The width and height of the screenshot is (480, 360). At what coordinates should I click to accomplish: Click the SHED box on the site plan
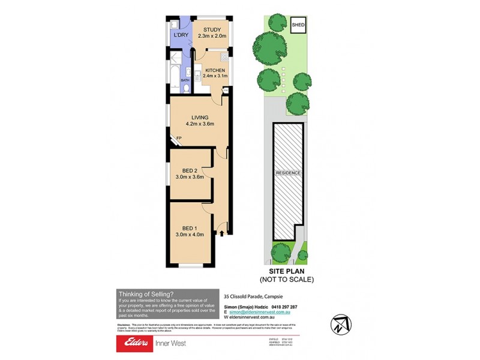pos(298,25)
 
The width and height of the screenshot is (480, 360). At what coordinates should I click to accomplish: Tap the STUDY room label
pos(212,30)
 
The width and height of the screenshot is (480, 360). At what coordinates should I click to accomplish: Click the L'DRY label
pos(181,36)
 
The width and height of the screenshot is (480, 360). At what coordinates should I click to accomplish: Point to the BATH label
pos(185,79)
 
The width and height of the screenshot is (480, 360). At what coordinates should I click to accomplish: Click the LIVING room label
pos(200,117)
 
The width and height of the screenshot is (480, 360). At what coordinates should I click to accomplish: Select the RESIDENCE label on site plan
pos(288,173)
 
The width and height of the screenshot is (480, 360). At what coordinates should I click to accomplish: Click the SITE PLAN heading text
pos(286,271)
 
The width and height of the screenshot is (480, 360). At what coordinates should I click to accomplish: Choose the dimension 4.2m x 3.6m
pos(200,124)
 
